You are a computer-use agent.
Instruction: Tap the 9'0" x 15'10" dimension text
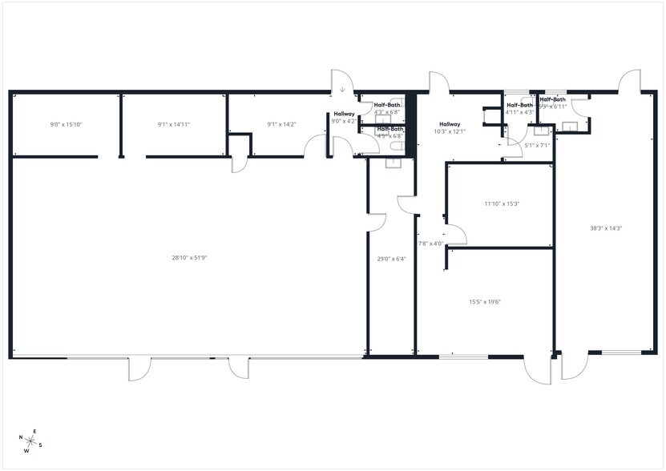(x=67, y=125)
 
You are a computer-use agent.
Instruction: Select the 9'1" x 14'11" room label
(x=174, y=125)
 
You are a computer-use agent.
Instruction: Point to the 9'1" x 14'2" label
(x=281, y=124)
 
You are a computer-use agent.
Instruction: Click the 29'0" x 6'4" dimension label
(x=392, y=259)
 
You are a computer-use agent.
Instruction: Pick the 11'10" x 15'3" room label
(x=502, y=203)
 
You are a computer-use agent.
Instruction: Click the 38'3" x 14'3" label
(x=606, y=228)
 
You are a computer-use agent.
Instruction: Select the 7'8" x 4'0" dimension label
(x=431, y=244)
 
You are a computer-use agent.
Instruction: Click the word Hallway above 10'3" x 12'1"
(x=450, y=124)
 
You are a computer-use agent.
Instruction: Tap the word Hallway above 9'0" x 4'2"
(x=345, y=114)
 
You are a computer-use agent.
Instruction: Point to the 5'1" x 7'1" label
(x=537, y=146)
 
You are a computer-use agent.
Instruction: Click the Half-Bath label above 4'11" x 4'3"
(x=520, y=105)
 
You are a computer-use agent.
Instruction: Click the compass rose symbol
(x=30, y=441)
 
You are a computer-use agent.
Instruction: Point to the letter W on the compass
(x=26, y=451)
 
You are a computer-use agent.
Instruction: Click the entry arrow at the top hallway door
(x=342, y=90)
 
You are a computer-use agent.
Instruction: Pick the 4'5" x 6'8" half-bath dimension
(x=389, y=136)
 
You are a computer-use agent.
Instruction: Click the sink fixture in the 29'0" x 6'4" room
(x=393, y=163)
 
